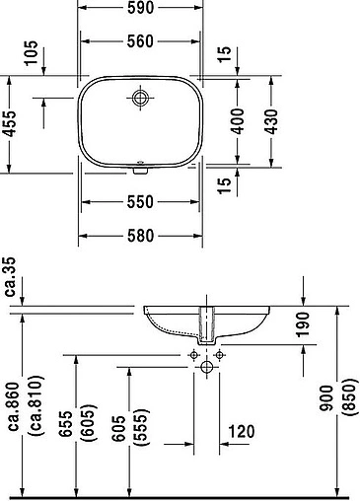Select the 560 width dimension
[x=138, y=41]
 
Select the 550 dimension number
[x=138, y=203]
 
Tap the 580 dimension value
[x=138, y=236]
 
